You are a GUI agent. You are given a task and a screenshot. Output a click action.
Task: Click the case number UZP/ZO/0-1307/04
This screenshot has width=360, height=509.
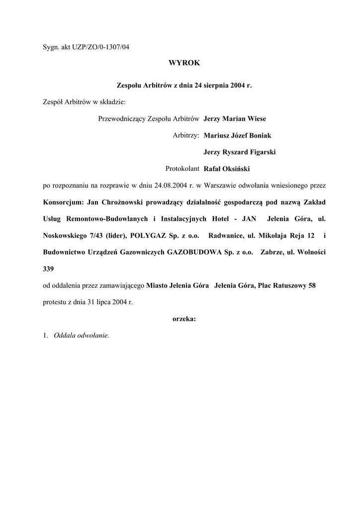(100, 47)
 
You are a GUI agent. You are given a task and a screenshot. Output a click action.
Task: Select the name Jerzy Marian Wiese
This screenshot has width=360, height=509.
(235, 119)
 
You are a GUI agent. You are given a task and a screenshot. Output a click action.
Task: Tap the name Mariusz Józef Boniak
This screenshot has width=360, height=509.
(237, 135)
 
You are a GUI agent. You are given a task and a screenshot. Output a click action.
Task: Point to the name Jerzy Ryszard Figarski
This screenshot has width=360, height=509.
(240, 152)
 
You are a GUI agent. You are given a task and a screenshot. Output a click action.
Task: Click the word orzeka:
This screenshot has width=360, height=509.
(184, 319)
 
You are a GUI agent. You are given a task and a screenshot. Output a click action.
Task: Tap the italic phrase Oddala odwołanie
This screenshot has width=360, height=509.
(81, 335)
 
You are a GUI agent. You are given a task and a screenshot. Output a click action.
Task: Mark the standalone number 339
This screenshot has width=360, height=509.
(49, 268)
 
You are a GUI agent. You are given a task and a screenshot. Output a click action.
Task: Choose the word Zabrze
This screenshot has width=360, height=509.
(270, 252)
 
